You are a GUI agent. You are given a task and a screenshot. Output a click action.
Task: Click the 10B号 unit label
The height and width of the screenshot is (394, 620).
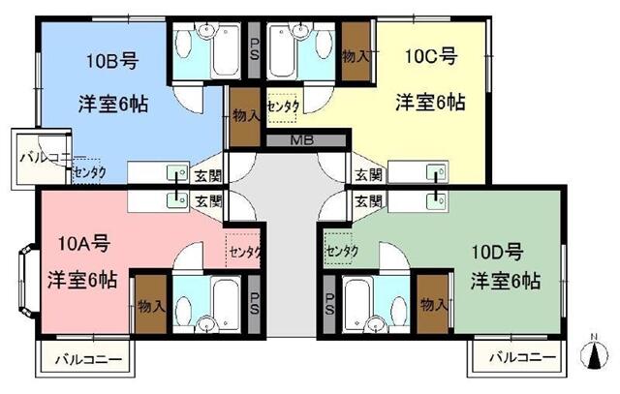point(112,61)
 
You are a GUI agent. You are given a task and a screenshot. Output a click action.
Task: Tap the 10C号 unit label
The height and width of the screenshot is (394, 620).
point(431,56)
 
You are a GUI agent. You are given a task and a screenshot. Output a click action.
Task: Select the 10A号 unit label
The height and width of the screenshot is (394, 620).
point(84,243)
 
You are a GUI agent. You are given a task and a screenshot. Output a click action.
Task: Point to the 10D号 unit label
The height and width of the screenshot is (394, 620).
point(498,252)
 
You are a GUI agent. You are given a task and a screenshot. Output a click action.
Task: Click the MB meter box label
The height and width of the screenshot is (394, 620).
point(302,140)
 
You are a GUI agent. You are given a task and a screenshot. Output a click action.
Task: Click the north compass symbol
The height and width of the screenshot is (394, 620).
point(594,353)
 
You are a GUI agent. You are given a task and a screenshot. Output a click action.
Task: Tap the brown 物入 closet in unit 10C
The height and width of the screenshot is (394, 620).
point(356,51)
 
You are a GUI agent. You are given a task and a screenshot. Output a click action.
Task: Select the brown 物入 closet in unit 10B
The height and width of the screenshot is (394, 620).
point(245,116)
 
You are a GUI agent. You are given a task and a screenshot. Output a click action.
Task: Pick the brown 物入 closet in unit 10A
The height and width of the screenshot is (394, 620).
point(151,304)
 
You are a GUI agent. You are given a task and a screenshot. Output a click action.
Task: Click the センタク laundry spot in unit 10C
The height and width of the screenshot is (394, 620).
point(282,107)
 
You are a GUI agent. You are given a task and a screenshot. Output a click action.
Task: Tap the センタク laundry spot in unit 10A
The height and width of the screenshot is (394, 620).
point(243,251)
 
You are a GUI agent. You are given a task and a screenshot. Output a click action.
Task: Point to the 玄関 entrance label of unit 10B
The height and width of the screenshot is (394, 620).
point(208,175)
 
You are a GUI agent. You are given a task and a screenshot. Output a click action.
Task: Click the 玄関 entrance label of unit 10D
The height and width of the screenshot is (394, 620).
point(368,201)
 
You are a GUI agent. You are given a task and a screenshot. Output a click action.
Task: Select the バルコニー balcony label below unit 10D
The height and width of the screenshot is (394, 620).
point(523,358)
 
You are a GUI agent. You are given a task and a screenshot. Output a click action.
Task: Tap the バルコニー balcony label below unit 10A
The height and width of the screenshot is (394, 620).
point(88,360)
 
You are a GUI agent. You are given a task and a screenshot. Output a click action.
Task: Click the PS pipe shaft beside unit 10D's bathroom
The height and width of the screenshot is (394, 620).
point(329,304)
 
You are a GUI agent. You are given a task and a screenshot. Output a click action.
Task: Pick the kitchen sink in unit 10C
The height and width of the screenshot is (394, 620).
point(437,172)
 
